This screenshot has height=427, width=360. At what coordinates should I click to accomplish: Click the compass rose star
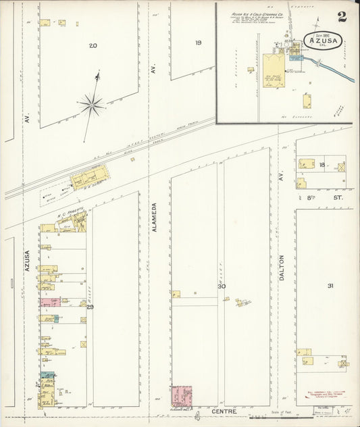click(x=91, y=104)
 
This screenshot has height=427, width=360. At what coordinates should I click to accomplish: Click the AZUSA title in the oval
click(x=328, y=40)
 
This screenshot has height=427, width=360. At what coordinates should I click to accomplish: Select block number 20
click(x=93, y=45)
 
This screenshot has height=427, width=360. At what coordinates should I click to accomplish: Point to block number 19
click(x=199, y=43)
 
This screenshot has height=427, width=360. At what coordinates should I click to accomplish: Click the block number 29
click(x=90, y=307)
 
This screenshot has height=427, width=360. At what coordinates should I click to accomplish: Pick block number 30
click(x=221, y=286)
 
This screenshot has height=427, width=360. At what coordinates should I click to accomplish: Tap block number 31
click(x=331, y=286)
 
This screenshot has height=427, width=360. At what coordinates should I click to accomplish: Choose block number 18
click(x=323, y=164)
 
